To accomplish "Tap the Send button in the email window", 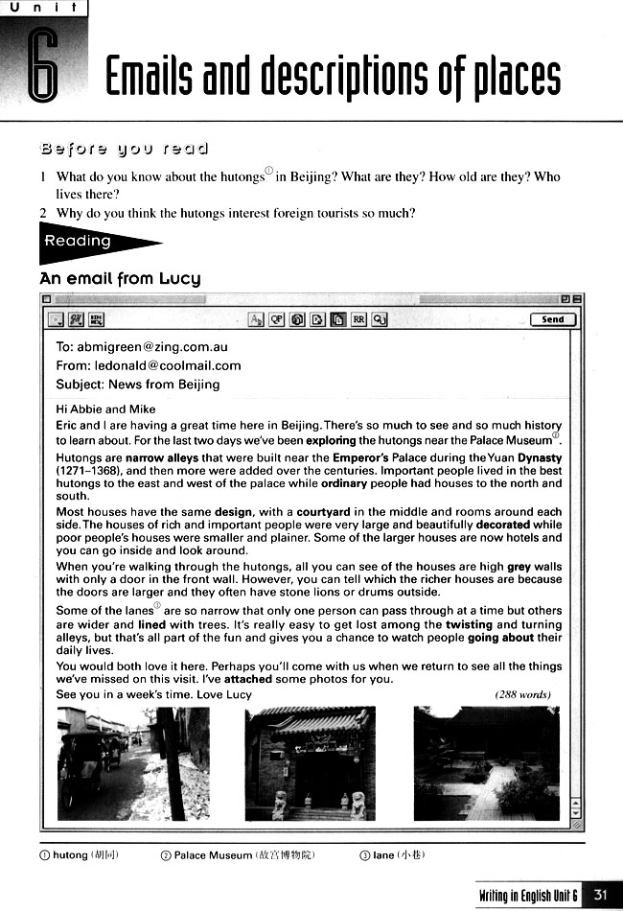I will (x=553, y=319).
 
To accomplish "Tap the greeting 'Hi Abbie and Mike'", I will (x=105, y=409).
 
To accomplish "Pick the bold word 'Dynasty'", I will (x=540, y=458).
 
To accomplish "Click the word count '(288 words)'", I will (x=524, y=694).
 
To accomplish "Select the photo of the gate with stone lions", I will (x=311, y=762).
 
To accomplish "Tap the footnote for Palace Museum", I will (x=239, y=854).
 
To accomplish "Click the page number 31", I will (x=601, y=894).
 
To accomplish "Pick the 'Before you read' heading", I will (x=124, y=149).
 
